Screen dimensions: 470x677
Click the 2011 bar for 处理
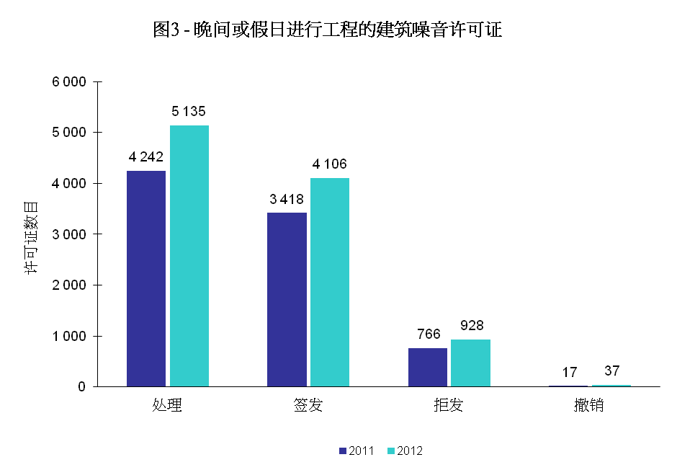pos(146,278)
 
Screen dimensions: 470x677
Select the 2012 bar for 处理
pos(189,256)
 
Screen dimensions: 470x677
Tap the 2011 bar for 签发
pos(287,299)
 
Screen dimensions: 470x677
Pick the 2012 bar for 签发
pos(330,282)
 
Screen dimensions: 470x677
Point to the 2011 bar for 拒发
pos(428,367)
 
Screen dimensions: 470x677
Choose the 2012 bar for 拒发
pos(470,363)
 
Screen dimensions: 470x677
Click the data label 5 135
pos(189,112)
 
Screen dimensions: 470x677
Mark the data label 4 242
pos(147,157)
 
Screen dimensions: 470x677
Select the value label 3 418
pos(287,199)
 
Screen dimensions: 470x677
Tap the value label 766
pos(428,334)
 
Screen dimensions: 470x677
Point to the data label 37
pos(612,371)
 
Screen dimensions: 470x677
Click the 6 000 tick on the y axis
pos(70,82)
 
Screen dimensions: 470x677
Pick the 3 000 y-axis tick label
pos(70,234)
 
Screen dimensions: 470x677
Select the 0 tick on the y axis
pos(81,387)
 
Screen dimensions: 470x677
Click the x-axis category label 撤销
pos(589,405)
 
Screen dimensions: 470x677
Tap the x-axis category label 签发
pos(308,405)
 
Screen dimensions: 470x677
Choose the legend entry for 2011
pos(356,451)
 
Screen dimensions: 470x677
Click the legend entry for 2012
pos(404,451)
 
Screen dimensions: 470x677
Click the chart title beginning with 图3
pos(327,30)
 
